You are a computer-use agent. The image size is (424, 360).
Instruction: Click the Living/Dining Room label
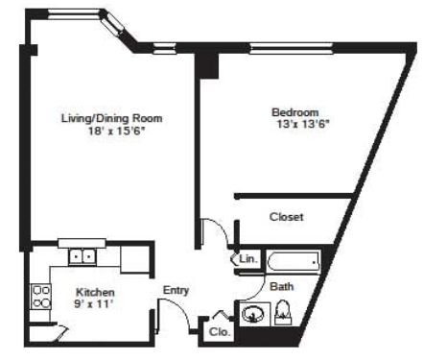coord(112,118)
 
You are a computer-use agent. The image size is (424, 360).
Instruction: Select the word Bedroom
coord(295,112)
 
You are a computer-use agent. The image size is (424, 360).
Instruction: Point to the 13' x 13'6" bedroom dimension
coord(303,124)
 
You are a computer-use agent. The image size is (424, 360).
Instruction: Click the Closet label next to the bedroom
coord(287,217)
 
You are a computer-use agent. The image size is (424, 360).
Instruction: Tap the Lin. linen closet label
coord(248,258)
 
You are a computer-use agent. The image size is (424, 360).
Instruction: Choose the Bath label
coord(282,286)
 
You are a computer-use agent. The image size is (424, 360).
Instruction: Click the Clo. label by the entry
coord(220,332)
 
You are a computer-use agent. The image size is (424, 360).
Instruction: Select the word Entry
coord(176,291)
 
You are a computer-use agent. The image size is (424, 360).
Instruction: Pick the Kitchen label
coord(95,292)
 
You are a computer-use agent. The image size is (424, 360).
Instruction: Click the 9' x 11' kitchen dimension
coord(94,303)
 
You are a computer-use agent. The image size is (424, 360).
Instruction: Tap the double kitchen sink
coord(82,256)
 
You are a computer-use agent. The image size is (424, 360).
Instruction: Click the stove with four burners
coord(40,297)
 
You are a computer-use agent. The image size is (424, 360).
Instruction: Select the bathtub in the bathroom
coord(294,262)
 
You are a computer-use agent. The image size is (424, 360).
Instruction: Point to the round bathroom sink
coord(253,314)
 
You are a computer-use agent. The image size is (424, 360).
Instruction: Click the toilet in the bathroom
coord(283,312)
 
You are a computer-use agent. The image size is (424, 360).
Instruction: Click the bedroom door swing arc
coord(221,228)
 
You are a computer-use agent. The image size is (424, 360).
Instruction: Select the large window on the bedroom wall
coord(292,48)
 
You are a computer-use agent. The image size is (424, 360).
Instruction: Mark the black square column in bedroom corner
coord(207,66)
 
